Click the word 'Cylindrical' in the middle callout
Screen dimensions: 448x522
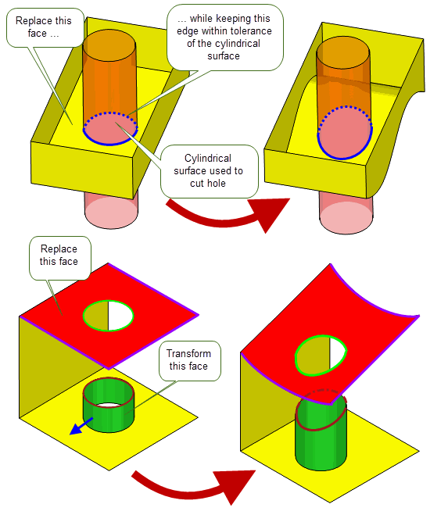208,158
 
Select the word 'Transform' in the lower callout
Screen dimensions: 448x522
188,353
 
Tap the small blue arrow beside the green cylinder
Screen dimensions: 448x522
81,426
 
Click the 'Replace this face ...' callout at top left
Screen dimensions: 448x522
45,27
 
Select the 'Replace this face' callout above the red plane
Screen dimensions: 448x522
60,258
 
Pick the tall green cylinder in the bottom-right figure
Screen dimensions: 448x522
321,433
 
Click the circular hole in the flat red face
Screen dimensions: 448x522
108,316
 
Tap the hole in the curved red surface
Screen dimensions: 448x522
321,356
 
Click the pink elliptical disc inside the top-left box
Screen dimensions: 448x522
110,129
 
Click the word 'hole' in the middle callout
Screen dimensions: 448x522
217,183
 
